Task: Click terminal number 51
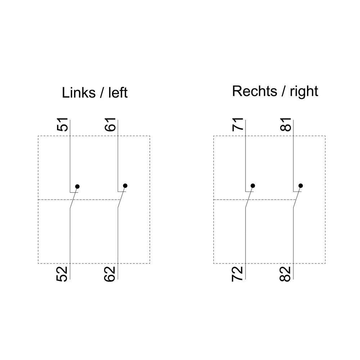coord(62,125)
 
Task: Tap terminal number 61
coord(110,125)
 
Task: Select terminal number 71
coord(238,125)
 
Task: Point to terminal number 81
coord(285,125)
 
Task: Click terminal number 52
coord(62,274)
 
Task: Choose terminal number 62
coord(110,274)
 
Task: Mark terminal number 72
coord(237,274)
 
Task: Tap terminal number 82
coord(285,274)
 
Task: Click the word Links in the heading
coord(78,93)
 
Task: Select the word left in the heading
coord(118,93)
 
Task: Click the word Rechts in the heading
coord(255,91)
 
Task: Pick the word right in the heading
coord(304,92)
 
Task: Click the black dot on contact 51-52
coord(77,186)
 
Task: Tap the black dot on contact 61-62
coord(125,185)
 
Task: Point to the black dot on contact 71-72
coord(253,185)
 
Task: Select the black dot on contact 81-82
coord(301,185)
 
